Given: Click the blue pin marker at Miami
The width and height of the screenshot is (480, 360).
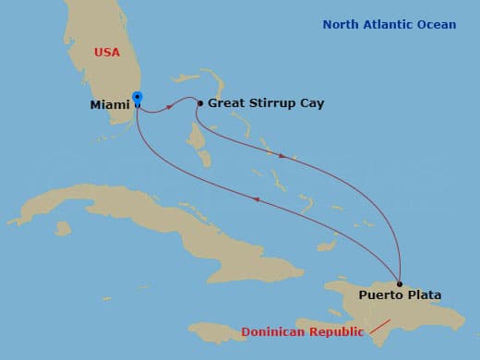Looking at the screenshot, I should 138,97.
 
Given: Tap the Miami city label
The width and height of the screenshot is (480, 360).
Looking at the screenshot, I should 109,105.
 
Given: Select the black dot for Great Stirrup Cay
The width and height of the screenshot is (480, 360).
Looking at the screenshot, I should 200,103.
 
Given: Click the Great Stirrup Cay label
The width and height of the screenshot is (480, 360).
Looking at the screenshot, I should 266,103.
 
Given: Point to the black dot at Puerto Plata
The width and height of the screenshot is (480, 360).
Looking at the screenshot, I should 400,283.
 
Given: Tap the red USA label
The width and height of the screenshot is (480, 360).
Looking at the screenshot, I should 107,53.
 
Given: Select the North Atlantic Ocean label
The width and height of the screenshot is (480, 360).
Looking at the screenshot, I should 389,25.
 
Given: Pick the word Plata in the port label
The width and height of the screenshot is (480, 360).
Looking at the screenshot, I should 423,295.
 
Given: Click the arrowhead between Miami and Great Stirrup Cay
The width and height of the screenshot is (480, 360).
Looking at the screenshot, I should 171,106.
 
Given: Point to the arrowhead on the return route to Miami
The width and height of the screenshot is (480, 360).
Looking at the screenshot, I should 255,199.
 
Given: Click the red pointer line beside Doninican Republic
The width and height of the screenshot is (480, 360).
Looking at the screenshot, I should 378,326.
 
